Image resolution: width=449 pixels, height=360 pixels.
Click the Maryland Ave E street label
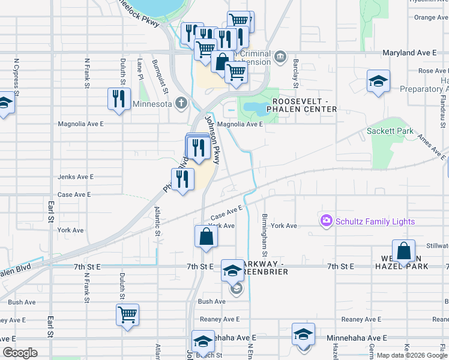(409, 53)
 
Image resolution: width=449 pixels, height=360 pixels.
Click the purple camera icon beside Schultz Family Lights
(327, 221)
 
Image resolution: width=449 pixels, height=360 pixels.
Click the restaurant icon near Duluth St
(118, 98)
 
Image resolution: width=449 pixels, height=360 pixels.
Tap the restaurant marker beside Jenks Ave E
(182, 179)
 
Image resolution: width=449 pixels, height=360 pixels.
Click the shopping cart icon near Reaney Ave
(127, 314)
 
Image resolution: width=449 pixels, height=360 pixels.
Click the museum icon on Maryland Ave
(280, 58)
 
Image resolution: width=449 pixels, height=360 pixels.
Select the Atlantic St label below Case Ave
(158, 221)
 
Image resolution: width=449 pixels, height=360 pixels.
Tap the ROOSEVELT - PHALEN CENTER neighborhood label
(304, 105)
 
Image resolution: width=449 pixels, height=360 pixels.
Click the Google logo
(20, 353)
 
